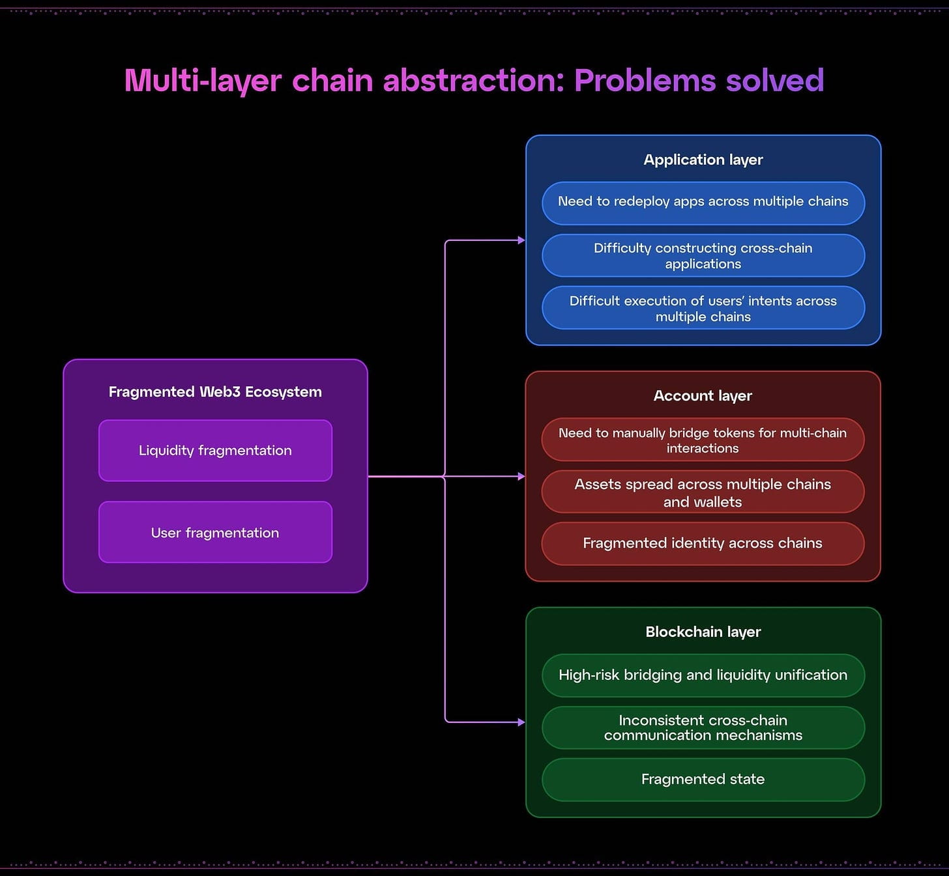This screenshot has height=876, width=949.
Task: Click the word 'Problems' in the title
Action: click(x=645, y=81)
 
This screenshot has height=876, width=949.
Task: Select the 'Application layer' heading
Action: click(x=703, y=160)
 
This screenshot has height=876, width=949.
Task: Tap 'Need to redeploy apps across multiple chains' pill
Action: click(x=703, y=202)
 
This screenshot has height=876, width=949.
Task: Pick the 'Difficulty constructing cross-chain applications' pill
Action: click(x=703, y=255)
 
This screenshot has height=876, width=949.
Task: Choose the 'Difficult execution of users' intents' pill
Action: click(x=703, y=308)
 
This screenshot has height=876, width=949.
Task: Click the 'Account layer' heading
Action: click(x=703, y=396)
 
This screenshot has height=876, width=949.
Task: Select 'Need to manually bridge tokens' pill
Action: click(x=703, y=440)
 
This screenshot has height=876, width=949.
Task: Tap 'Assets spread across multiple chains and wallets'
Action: click(x=703, y=492)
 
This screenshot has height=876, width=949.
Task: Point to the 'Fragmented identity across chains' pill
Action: click(x=703, y=543)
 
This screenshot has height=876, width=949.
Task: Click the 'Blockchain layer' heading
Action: click(x=703, y=632)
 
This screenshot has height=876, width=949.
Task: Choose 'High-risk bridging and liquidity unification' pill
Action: click(x=703, y=675)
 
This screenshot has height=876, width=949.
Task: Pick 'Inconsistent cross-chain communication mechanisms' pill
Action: click(x=703, y=728)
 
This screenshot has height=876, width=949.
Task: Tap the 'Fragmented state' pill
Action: click(x=703, y=780)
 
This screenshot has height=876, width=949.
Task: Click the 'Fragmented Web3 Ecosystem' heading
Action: click(x=215, y=391)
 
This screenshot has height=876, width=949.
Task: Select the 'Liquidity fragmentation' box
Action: click(x=215, y=451)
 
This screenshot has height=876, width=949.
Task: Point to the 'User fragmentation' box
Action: click(x=215, y=533)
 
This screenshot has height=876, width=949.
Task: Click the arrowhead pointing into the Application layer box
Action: click(x=521, y=240)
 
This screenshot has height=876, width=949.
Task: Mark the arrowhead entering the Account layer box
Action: click(x=521, y=477)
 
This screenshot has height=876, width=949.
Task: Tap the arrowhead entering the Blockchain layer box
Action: click(x=521, y=722)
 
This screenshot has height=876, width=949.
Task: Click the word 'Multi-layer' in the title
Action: click(x=203, y=81)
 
